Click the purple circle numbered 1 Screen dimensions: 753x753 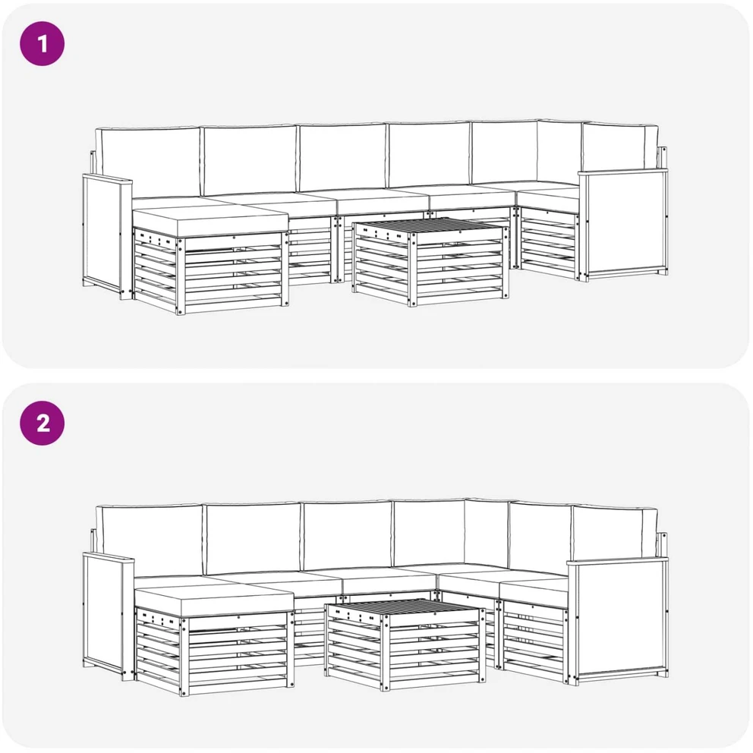43,44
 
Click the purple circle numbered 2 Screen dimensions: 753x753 43,423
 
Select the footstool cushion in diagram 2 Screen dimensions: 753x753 214,602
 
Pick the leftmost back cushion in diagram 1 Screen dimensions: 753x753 147,162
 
